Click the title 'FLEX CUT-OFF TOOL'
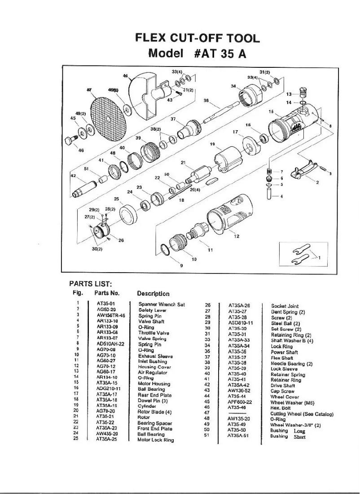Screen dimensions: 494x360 point(198,38)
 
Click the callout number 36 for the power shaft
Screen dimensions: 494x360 point(206,101)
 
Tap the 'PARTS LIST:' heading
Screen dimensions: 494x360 point(90,284)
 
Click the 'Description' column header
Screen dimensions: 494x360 point(153,294)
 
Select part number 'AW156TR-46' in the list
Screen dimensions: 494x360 point(110,316)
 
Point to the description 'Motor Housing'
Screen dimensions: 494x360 point(154,384)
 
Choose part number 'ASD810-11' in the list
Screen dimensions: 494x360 point(241,322)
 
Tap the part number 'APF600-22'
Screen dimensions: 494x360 point(240,402)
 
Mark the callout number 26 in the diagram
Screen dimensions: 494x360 point(121,240)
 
